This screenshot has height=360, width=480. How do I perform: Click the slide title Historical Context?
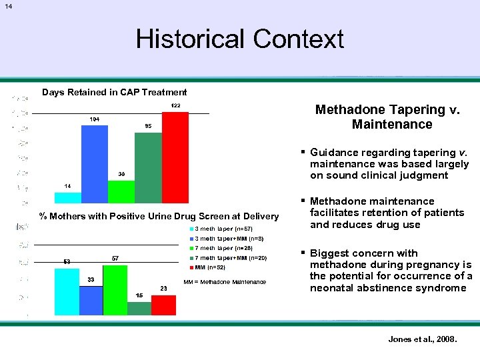coord(239,39)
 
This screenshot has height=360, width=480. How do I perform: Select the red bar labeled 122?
coord(175,157)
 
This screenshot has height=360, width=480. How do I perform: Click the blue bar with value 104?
coord(94,164)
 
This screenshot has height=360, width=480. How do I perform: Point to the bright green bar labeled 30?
coord(121,191)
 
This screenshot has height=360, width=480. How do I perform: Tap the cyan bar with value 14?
coord(67,197)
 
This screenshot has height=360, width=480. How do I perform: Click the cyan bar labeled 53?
coord(67,291)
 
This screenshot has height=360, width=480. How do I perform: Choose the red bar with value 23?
coord(163,304)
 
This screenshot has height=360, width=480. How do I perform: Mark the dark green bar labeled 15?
coord(139,307)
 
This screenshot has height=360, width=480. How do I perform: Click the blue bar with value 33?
coord(91,300)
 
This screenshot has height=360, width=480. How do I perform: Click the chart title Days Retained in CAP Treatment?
coord(115,92)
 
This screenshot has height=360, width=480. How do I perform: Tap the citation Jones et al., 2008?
coord(423,339)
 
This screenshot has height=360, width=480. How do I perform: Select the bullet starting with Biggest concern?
coord(391,271)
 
